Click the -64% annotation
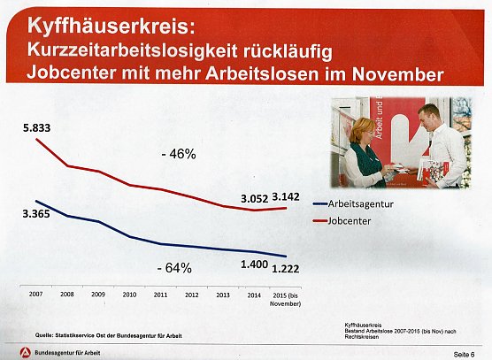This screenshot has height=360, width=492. click(x=173, y=267)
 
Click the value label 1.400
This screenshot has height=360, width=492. click(x=256, y=264)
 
